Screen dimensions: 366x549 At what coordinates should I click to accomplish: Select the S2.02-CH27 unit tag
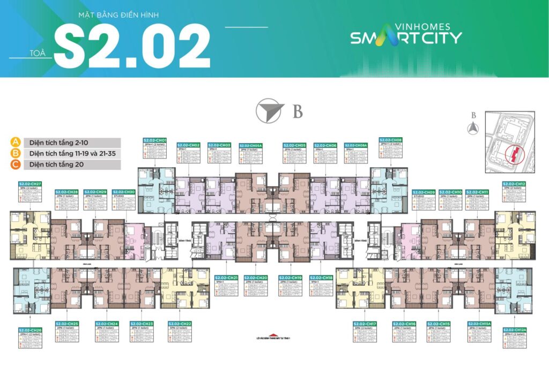pos(32,183)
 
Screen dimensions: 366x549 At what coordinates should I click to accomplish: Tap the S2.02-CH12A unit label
pos(514,330)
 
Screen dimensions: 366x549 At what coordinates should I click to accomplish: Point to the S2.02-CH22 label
pos(180,324)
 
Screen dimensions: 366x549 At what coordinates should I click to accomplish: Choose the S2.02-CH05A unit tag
pos(251,145)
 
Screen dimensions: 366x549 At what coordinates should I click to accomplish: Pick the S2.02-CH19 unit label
pos(290,277)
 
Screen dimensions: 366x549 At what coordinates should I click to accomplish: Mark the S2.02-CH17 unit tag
pos(365,324)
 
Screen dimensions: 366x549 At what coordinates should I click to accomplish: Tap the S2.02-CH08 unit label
pos(390,139)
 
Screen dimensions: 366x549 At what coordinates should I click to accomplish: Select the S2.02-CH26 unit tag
pos(30,330)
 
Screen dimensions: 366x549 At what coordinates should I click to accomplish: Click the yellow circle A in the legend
pos(16,143)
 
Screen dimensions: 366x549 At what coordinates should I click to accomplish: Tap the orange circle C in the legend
pos(16,165)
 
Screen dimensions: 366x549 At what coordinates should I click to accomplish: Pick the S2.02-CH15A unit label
pos(478,324)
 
